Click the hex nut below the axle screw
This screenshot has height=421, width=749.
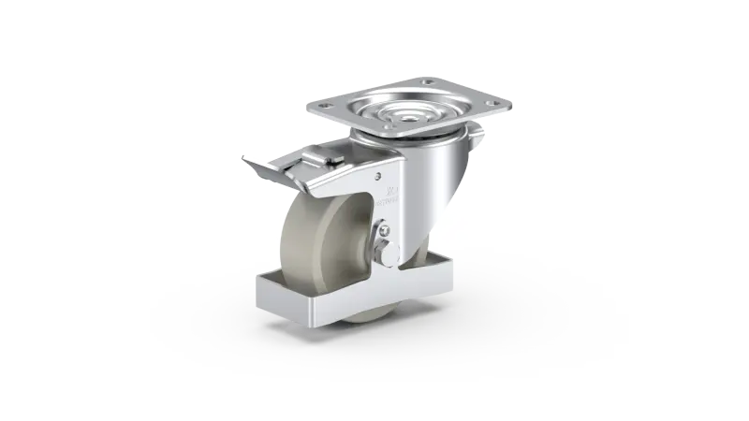pos(386,251)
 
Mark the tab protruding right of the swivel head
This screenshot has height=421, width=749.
pos(479,143)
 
